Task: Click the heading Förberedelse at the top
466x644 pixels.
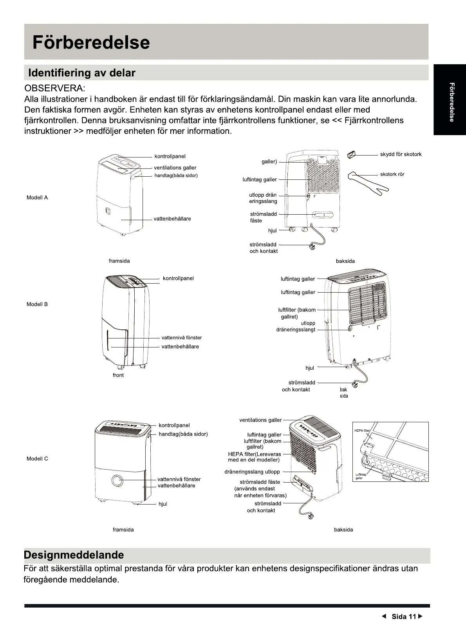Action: pos(91,42)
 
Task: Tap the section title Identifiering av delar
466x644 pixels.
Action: pos(81,73)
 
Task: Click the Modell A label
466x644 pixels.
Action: pos(37,197)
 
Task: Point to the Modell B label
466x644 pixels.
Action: pos(37,304)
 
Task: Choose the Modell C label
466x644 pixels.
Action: pos(37,459)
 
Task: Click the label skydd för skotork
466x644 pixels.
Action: pos(401,154)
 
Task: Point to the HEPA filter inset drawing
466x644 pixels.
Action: pos(391,451)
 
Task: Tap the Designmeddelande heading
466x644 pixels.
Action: pos(74,555)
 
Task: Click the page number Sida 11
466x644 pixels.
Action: pos(404,617)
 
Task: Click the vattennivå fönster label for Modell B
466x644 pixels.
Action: pos(181,338)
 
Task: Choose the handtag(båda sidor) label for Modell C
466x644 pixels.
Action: pos(183,434)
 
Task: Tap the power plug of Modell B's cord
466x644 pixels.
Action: pos(356,385)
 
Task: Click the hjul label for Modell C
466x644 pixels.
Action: pos(163,504)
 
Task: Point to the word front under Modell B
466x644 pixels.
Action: pos(118,375)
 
